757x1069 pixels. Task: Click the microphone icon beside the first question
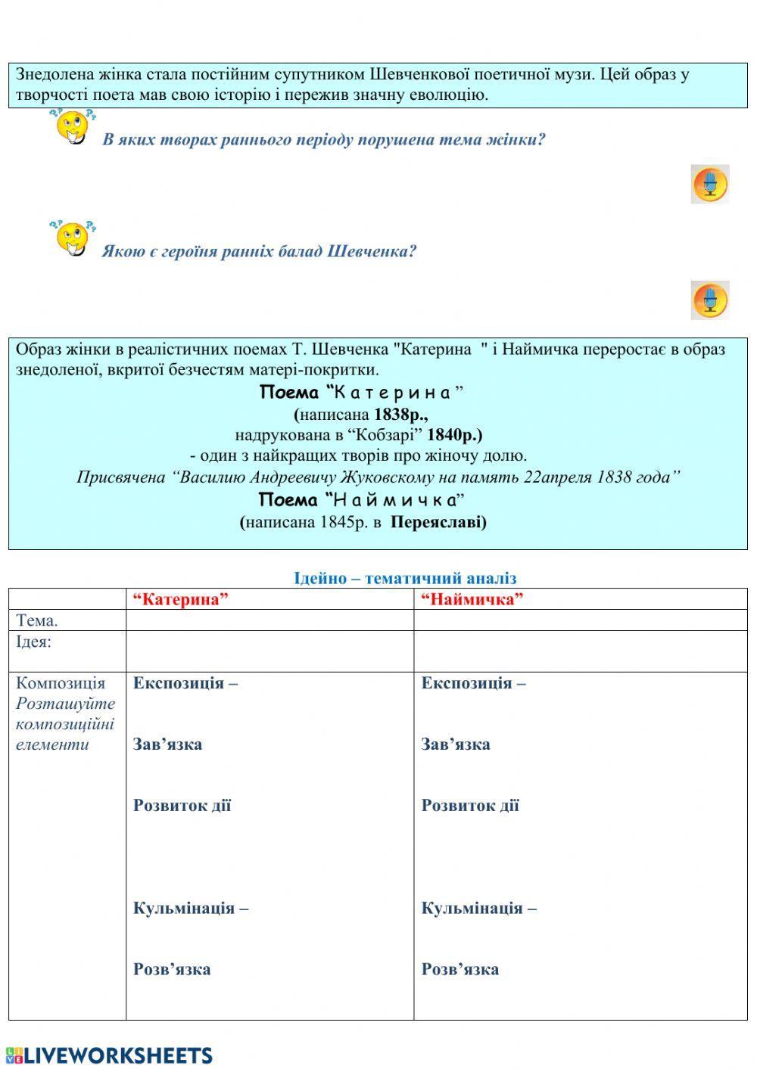point(709,184)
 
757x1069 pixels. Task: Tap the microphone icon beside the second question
point(709,300)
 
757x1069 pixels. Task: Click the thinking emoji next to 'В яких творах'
point(73,127)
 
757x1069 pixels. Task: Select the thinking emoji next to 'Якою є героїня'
point(73,238)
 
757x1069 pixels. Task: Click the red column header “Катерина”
point(181,599)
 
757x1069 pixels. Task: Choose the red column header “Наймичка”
point(472,599)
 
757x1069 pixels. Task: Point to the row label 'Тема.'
point(37,620)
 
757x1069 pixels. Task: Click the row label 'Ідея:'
point(34,642)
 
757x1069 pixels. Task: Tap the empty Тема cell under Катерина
point(269,620)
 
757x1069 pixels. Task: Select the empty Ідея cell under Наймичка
point(580,651)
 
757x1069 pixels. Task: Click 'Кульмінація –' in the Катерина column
point(191,908)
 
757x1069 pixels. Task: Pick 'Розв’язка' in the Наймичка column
point(459,969)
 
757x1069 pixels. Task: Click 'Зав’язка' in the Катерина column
point(167,744)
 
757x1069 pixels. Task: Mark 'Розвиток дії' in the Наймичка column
point(470,805)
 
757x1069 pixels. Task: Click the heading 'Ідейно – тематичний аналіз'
point(405,578)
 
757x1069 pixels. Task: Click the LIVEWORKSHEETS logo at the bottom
point(109,1055)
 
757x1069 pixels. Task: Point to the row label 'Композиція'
point(61,683)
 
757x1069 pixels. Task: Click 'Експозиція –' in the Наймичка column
point(473,683)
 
